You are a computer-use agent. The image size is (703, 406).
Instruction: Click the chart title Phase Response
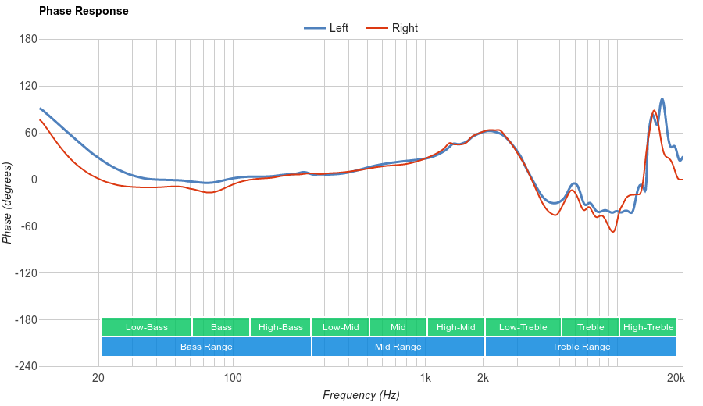pyautogui.click(x=84, y=12)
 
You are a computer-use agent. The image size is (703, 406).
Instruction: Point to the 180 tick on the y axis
pyautogui.click(x=28, y=39)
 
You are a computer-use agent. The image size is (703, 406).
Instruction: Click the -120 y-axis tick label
pyautogui.click(x=26, y=273)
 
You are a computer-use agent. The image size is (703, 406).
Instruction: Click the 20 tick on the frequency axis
pyautogui.click(x=98, y=379)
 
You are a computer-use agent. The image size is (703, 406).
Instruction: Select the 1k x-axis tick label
pyautogui.click(x=425, y=379)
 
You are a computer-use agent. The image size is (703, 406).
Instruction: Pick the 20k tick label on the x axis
pyautogui.click(x=676, y=379)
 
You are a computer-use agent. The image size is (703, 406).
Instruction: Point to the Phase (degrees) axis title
pyautogui.click(x=8, y=203)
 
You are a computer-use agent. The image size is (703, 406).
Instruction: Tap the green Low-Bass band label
pyautogui.click(x=146, y=327)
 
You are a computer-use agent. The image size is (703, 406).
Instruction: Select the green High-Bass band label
pyautogui.click(x=280, y=327)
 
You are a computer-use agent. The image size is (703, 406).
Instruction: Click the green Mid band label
pyautogui.click(x=398, y=327)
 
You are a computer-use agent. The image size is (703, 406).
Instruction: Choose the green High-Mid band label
pyautogui.click(x=456, y=327)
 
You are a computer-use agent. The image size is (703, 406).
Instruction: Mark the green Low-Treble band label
pyautogui.click(x=523, y=327)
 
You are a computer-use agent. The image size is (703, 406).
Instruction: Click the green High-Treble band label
pyautogui.click(x=648, y=327)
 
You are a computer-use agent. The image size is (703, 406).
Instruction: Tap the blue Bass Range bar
pyautogui.click(x=206, y=347)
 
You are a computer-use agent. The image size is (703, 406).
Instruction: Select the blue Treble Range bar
pyautogui.click(x=581, y=347)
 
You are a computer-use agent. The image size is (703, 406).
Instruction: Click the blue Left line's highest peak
pyautogui.click(x=662, y=99)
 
